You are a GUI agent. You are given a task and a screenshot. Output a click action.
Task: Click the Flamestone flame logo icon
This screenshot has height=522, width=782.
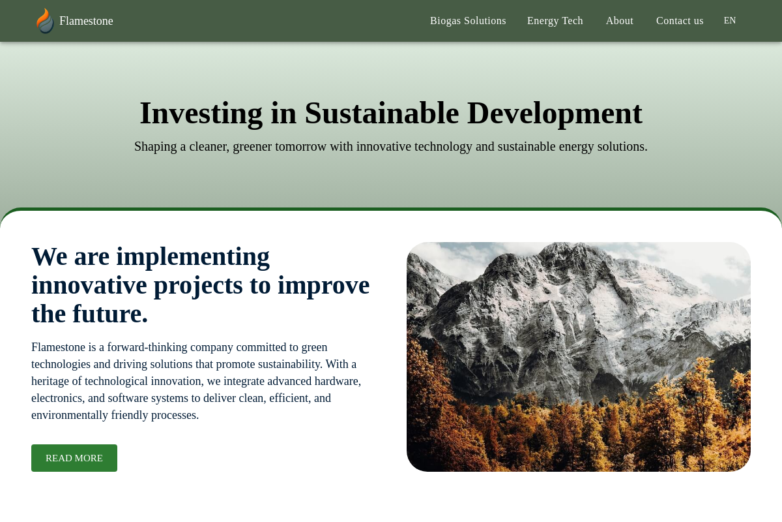point(45,21)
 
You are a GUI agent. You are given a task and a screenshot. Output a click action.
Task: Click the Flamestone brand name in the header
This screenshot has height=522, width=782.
point(86,21)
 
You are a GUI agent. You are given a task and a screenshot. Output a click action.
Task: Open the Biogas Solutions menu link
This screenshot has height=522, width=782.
point(468,21)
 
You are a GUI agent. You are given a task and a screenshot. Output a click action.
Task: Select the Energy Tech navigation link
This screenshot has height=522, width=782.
point(555,21)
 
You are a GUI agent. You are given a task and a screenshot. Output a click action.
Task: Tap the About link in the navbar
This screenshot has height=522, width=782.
point(619,21)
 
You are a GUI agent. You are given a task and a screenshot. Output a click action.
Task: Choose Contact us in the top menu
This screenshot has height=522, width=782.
point(679,21)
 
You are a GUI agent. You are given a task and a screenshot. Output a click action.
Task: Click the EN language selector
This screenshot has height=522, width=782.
point(730,21)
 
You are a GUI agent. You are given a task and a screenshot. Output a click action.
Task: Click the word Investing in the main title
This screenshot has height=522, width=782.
point(201,114)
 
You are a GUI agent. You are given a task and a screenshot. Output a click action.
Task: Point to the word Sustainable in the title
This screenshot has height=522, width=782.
point(382,114)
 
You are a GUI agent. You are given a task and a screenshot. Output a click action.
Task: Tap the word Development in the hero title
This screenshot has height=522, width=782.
point(555,114)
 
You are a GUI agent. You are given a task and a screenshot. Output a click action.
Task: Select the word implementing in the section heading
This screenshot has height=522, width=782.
point(193,257)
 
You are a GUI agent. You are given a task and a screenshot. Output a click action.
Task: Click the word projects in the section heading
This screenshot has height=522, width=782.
point(198,286)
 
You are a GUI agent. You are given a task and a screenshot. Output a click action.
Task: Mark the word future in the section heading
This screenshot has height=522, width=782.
point(110,314)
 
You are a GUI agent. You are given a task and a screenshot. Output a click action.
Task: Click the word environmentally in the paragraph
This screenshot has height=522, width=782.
point(70,415)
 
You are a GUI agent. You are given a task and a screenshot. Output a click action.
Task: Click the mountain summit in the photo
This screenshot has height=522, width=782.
point(562,246)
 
